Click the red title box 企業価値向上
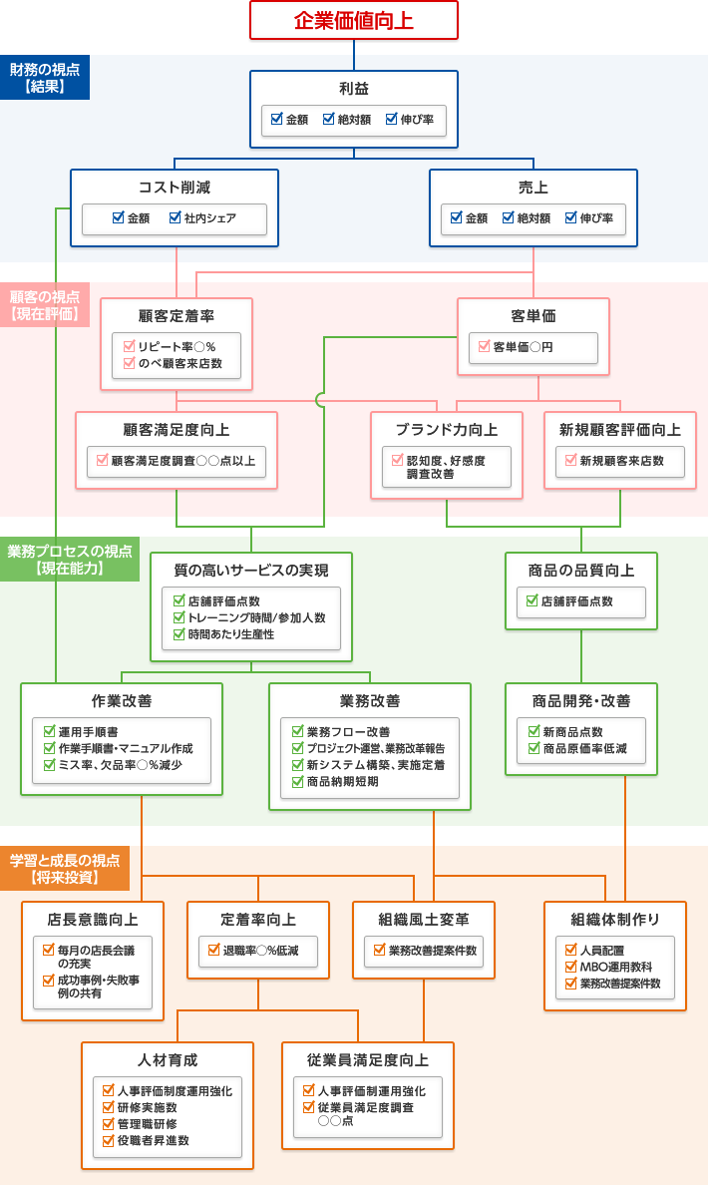coord(353,20)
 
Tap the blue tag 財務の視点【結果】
coord(45,77)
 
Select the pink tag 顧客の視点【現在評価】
coord(45,304)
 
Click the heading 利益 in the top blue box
coord(354,89)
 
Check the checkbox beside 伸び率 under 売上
coord(571,217)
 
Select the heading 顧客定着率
coord(177,316)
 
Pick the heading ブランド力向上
coord(446,430)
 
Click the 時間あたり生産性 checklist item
coord(230,634)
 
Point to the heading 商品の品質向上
coord(581,571)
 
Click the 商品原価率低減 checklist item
coord(584,748)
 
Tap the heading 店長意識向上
coord(93,919)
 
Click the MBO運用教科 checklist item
coord(615,967)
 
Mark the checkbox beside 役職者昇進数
coord(109,1140)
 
